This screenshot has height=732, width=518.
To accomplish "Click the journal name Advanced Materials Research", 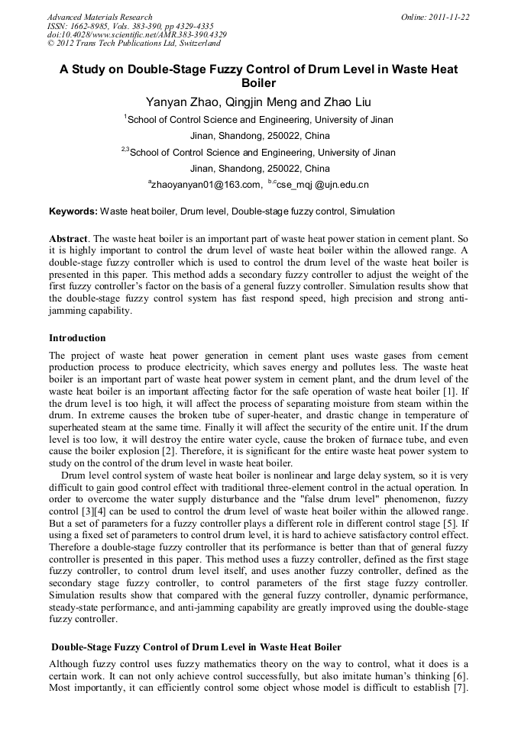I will pos(99,17).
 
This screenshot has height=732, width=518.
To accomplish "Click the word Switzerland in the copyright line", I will pos(198,44).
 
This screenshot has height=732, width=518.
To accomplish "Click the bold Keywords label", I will pos(73,211).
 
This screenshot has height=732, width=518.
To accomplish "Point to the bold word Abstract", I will pos(68,238).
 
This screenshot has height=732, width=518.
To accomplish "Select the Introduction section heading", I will pos(77,337).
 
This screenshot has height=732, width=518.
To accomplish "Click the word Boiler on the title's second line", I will pos(258,83).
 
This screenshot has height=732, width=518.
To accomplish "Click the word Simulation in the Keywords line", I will pos(372,211).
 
